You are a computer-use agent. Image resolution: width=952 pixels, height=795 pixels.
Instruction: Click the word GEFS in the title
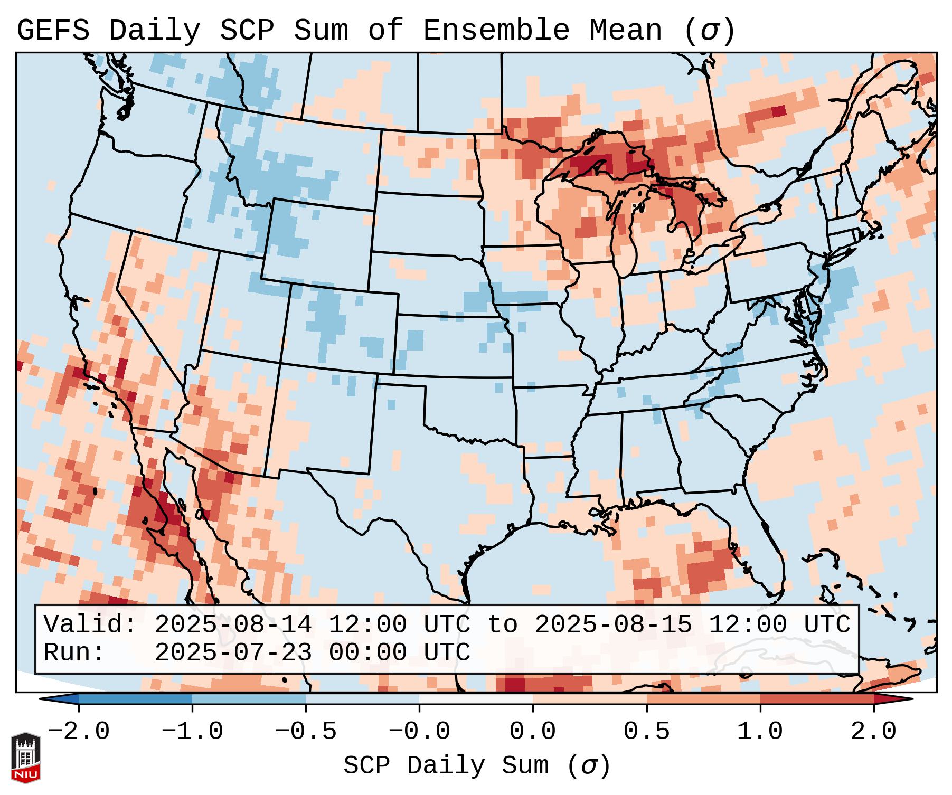(x=53, y=31)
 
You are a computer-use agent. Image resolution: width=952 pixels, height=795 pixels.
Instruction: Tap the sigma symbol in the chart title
(x=710, y=31)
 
